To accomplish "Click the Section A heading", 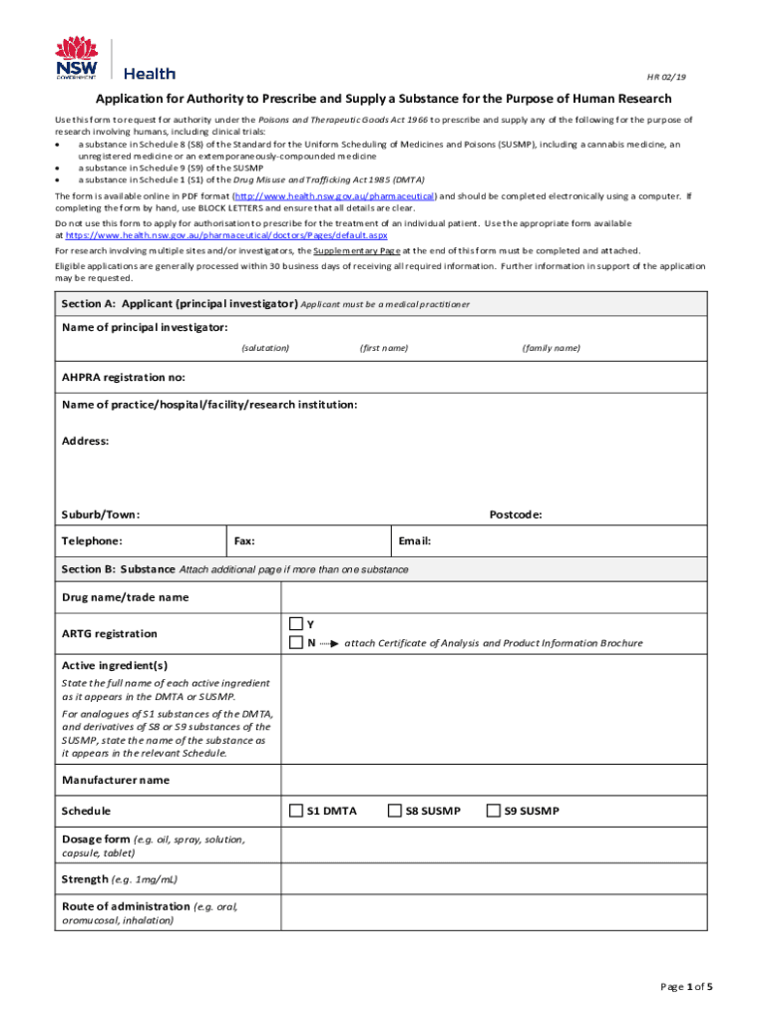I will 180,303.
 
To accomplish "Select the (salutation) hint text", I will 265,348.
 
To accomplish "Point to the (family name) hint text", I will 551,348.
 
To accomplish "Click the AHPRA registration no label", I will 123,378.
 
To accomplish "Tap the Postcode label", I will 516,514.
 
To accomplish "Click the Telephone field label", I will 92,540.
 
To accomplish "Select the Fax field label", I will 243,540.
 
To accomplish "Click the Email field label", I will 414,540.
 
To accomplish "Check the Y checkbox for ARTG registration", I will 295,624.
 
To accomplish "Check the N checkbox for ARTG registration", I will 295,643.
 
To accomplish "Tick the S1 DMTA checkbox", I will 295,811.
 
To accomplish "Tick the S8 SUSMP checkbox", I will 394,811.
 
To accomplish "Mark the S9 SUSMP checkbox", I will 492,811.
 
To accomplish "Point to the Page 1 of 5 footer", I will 686,987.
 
